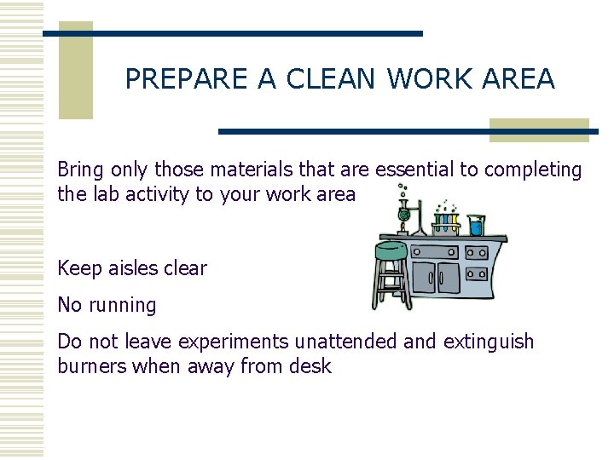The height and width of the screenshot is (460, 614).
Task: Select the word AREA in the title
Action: (x=518, y=79)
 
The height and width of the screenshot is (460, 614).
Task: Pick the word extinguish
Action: (x=487, y=342)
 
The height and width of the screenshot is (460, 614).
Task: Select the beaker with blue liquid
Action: (x=476, y=226)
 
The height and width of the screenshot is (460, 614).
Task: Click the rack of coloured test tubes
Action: (x=446, y=223)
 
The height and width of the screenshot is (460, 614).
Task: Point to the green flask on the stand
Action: (x=403, y=216)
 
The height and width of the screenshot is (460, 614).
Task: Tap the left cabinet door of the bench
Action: (x=424, y=277)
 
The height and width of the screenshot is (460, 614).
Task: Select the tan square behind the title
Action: (x=75, y=72)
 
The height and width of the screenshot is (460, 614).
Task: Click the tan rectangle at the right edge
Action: (x=539, y=129)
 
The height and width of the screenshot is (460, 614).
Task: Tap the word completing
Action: (x=534, y=170)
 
